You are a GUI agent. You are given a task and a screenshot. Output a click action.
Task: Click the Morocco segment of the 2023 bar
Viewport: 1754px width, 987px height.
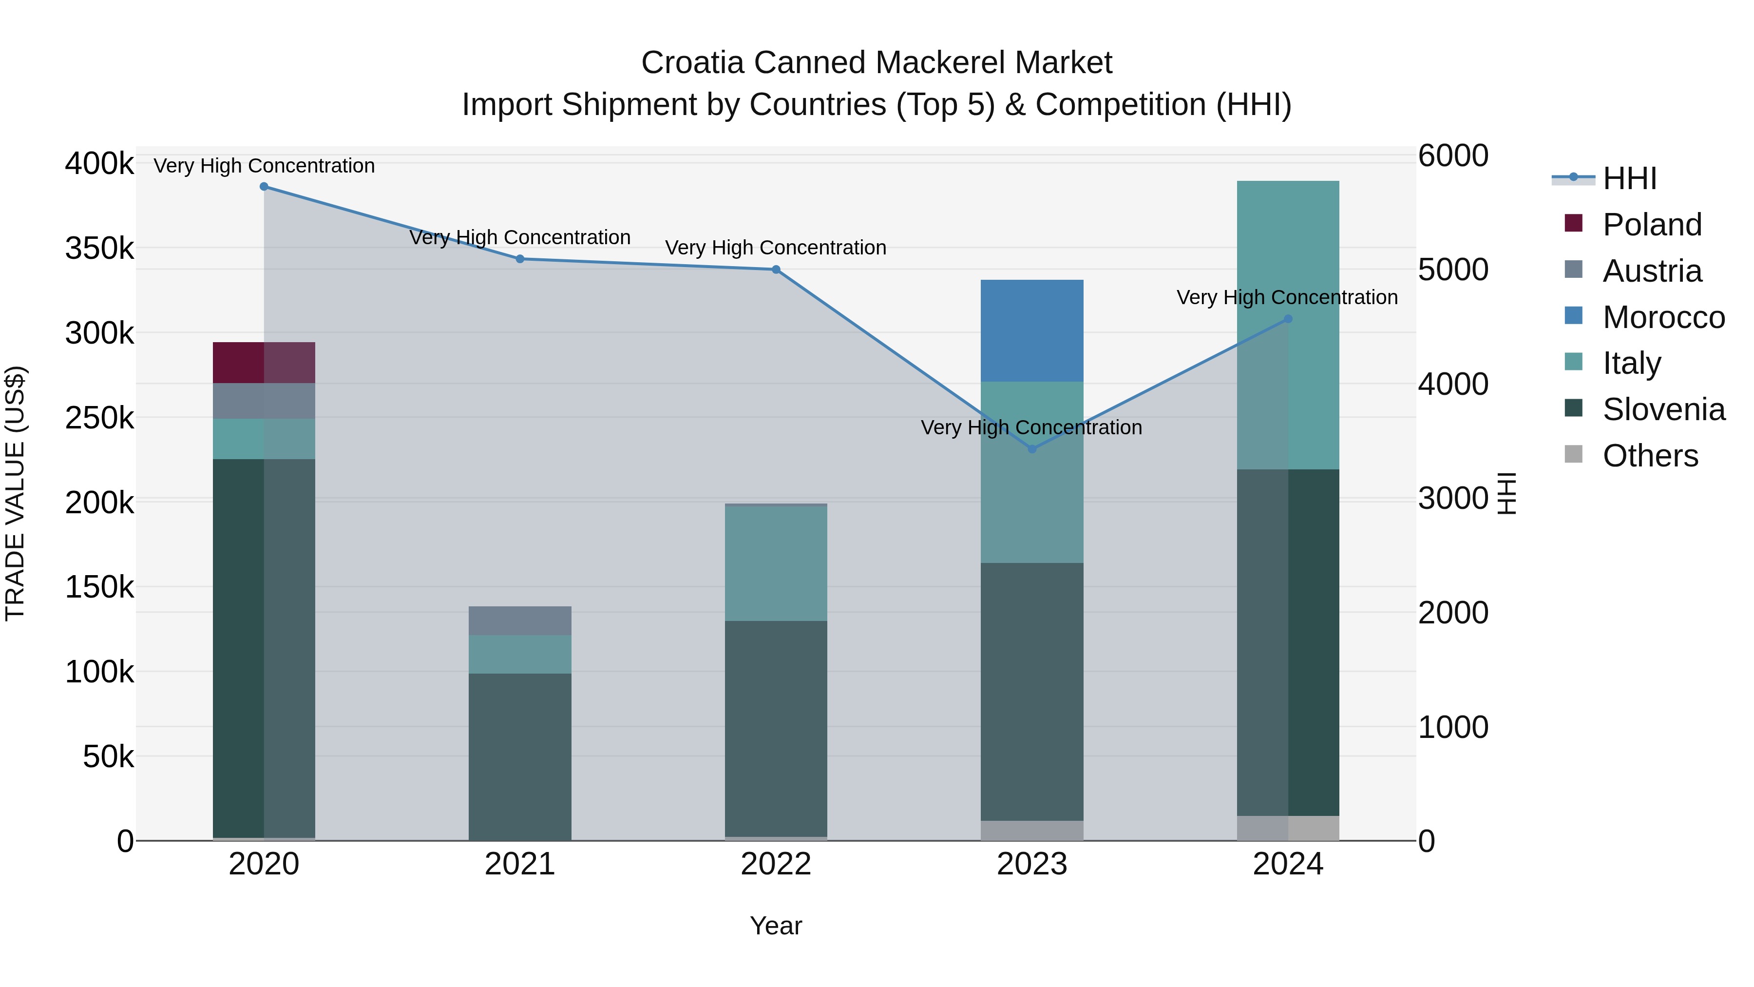point(1031,330)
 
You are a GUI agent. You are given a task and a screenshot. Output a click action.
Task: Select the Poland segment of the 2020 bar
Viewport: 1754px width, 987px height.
point(264,362)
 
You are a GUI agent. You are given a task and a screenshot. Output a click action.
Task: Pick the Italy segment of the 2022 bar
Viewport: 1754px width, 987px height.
point(776,563)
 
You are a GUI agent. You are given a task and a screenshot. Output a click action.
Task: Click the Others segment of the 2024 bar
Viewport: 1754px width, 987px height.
point(1288,828)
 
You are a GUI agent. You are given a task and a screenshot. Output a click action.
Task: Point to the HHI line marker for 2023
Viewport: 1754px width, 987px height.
point(1031,449)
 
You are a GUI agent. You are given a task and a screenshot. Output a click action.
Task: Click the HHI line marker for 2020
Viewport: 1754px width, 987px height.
point(264,187)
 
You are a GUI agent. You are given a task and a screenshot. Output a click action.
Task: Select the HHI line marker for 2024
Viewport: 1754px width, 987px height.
point(1288,319)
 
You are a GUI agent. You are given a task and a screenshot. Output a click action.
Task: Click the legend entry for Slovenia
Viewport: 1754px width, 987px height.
point(1663,409)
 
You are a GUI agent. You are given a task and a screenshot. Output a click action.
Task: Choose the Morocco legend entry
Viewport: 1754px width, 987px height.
point(1663,317)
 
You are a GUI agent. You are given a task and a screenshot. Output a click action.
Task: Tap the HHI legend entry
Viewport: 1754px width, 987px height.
point(1629,178)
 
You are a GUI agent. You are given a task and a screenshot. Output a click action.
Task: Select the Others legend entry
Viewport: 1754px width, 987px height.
point(1650,456)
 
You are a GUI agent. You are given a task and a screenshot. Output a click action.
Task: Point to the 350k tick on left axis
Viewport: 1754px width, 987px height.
point(99,249)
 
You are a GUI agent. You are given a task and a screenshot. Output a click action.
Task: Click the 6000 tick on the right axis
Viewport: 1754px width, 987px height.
point(1453,155)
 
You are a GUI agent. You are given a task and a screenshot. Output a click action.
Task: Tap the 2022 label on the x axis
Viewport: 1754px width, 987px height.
point(776,864)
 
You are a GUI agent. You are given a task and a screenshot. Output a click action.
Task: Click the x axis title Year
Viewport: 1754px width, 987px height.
point(776,926)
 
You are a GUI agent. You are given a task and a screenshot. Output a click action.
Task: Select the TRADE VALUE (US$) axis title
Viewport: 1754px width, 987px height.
point(15,493)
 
